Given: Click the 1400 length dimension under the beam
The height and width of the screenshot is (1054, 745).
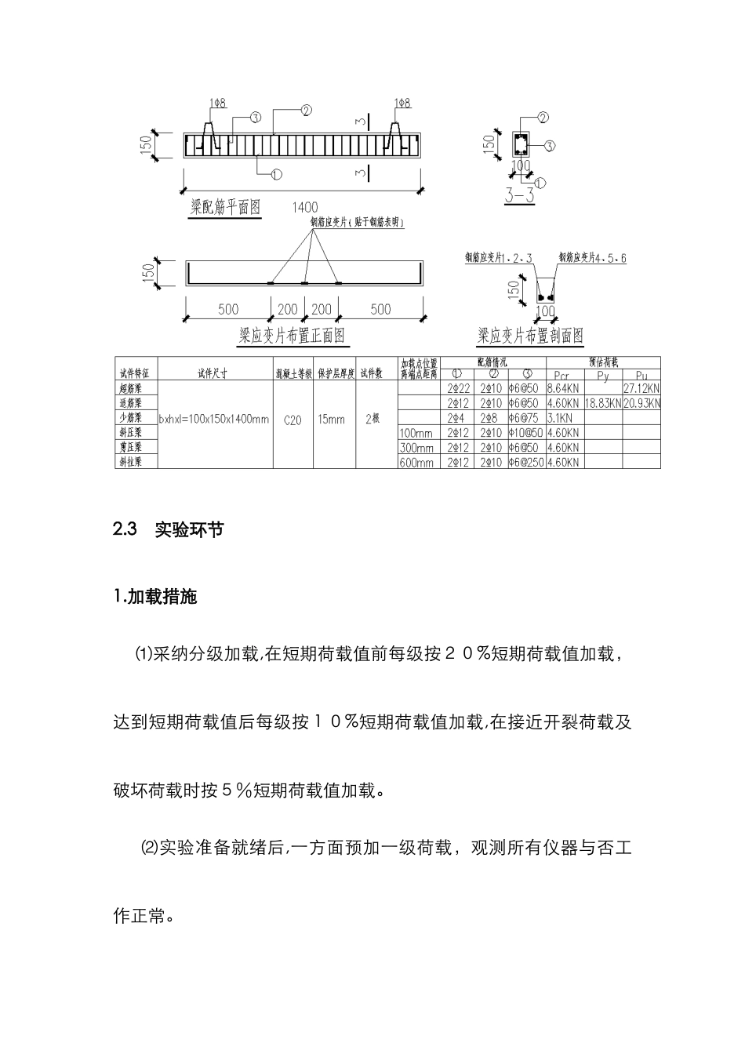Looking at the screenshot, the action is [304, 207].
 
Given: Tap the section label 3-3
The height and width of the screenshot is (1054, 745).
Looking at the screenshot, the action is [519, 196].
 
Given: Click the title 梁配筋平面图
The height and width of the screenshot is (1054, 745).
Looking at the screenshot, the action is [225, 208].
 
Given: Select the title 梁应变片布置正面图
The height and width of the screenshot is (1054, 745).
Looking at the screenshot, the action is [292, 336].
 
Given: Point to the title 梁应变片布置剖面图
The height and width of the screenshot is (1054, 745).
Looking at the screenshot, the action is [531, 336].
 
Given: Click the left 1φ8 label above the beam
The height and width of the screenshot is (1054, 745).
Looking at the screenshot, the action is [218, 103].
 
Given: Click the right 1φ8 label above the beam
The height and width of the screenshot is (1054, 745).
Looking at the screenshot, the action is [402, 103].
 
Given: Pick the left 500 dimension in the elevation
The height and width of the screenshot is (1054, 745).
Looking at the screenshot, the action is [228, 310].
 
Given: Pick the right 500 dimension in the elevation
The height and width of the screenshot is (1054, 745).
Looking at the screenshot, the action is [380, 310].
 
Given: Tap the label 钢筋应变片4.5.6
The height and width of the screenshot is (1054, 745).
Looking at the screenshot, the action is [592, 257].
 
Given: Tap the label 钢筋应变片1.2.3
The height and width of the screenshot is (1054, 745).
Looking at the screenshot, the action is [499, 257].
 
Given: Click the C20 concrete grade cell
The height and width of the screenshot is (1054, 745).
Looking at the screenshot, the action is [293, 420].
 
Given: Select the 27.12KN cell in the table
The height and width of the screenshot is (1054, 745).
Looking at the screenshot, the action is [641, 388].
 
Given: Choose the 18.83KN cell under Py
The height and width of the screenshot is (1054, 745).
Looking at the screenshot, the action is [602, 403].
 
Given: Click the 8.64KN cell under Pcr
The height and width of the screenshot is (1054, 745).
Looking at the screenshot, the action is [562, 388].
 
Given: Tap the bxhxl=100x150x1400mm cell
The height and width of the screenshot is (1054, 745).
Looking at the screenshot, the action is [214, 420].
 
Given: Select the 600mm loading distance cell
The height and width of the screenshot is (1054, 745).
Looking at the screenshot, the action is [416, 463].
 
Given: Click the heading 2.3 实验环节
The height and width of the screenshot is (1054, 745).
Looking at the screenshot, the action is [169, 529].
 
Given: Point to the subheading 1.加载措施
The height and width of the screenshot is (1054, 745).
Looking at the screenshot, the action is [155, 598].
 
